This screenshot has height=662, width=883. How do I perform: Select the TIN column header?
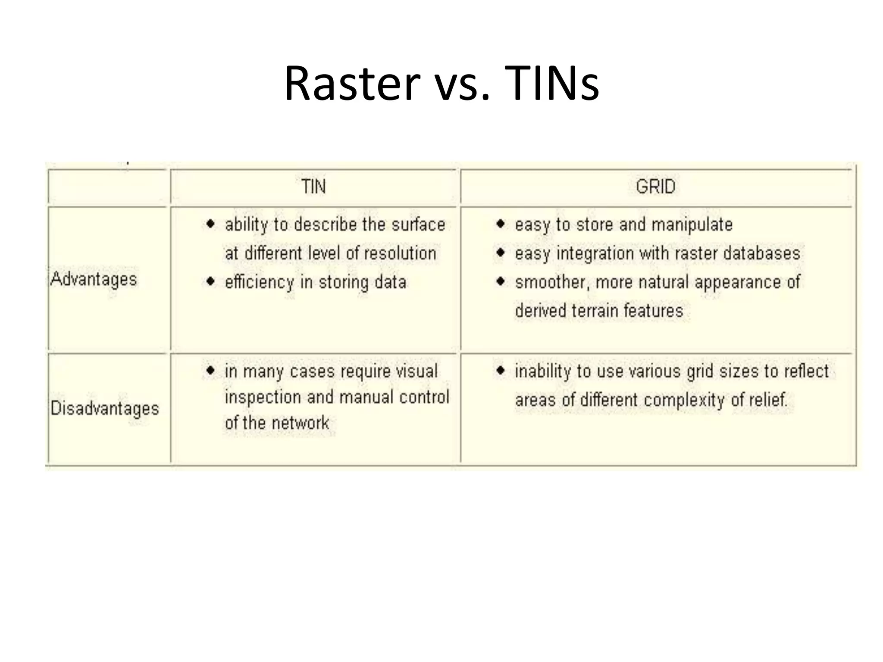[313, 187]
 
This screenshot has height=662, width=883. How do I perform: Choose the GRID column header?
[655, 187]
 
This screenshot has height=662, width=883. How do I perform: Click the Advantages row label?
[94, 279]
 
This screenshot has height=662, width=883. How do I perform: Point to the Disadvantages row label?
[105, 408]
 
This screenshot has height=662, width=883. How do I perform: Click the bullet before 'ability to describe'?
[210, 224]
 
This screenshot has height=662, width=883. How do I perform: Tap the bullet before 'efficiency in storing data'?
[210, 281]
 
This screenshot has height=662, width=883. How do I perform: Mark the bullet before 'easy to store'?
[500, 224]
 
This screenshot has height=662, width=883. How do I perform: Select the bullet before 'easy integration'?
[500, 253]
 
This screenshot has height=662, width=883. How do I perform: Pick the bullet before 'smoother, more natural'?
[500, 281]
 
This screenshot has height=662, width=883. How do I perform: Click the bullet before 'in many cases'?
[210, 370]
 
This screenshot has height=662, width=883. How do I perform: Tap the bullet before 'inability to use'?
[500, 370]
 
